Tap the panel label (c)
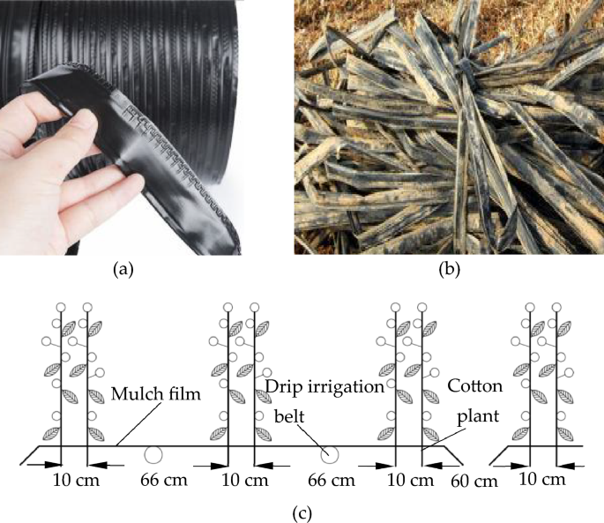[301, 510]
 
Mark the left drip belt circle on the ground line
[153, 455]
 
